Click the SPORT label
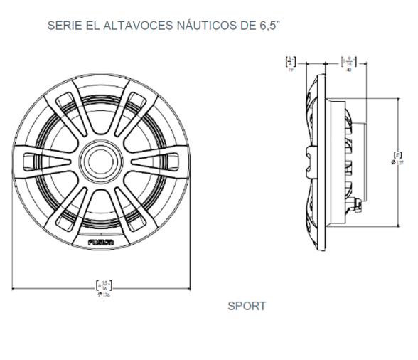click(247, 307)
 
